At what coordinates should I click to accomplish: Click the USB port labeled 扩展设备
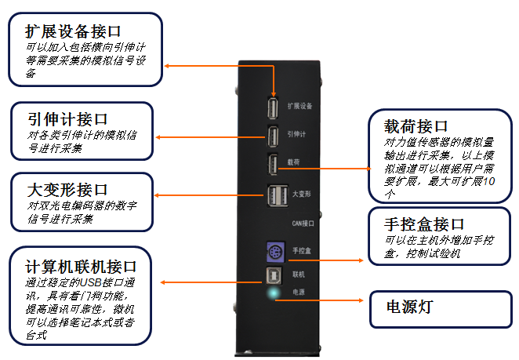click(273, 107)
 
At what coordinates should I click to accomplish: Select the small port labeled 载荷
click(272, 165)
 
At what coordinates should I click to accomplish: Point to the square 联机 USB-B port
click(274, 275)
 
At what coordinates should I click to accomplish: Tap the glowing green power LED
click(274, 295)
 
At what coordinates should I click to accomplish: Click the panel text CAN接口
click(303, 224)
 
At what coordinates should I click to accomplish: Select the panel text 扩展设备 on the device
click(301, 105)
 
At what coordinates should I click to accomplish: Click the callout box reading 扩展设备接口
click(85, 49)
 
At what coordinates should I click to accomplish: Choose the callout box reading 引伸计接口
click(82, 130)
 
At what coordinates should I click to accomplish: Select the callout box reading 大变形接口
click(82, 202)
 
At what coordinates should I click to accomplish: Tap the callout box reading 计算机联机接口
click(80, 295)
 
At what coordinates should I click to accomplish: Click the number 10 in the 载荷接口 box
click(489, 182)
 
